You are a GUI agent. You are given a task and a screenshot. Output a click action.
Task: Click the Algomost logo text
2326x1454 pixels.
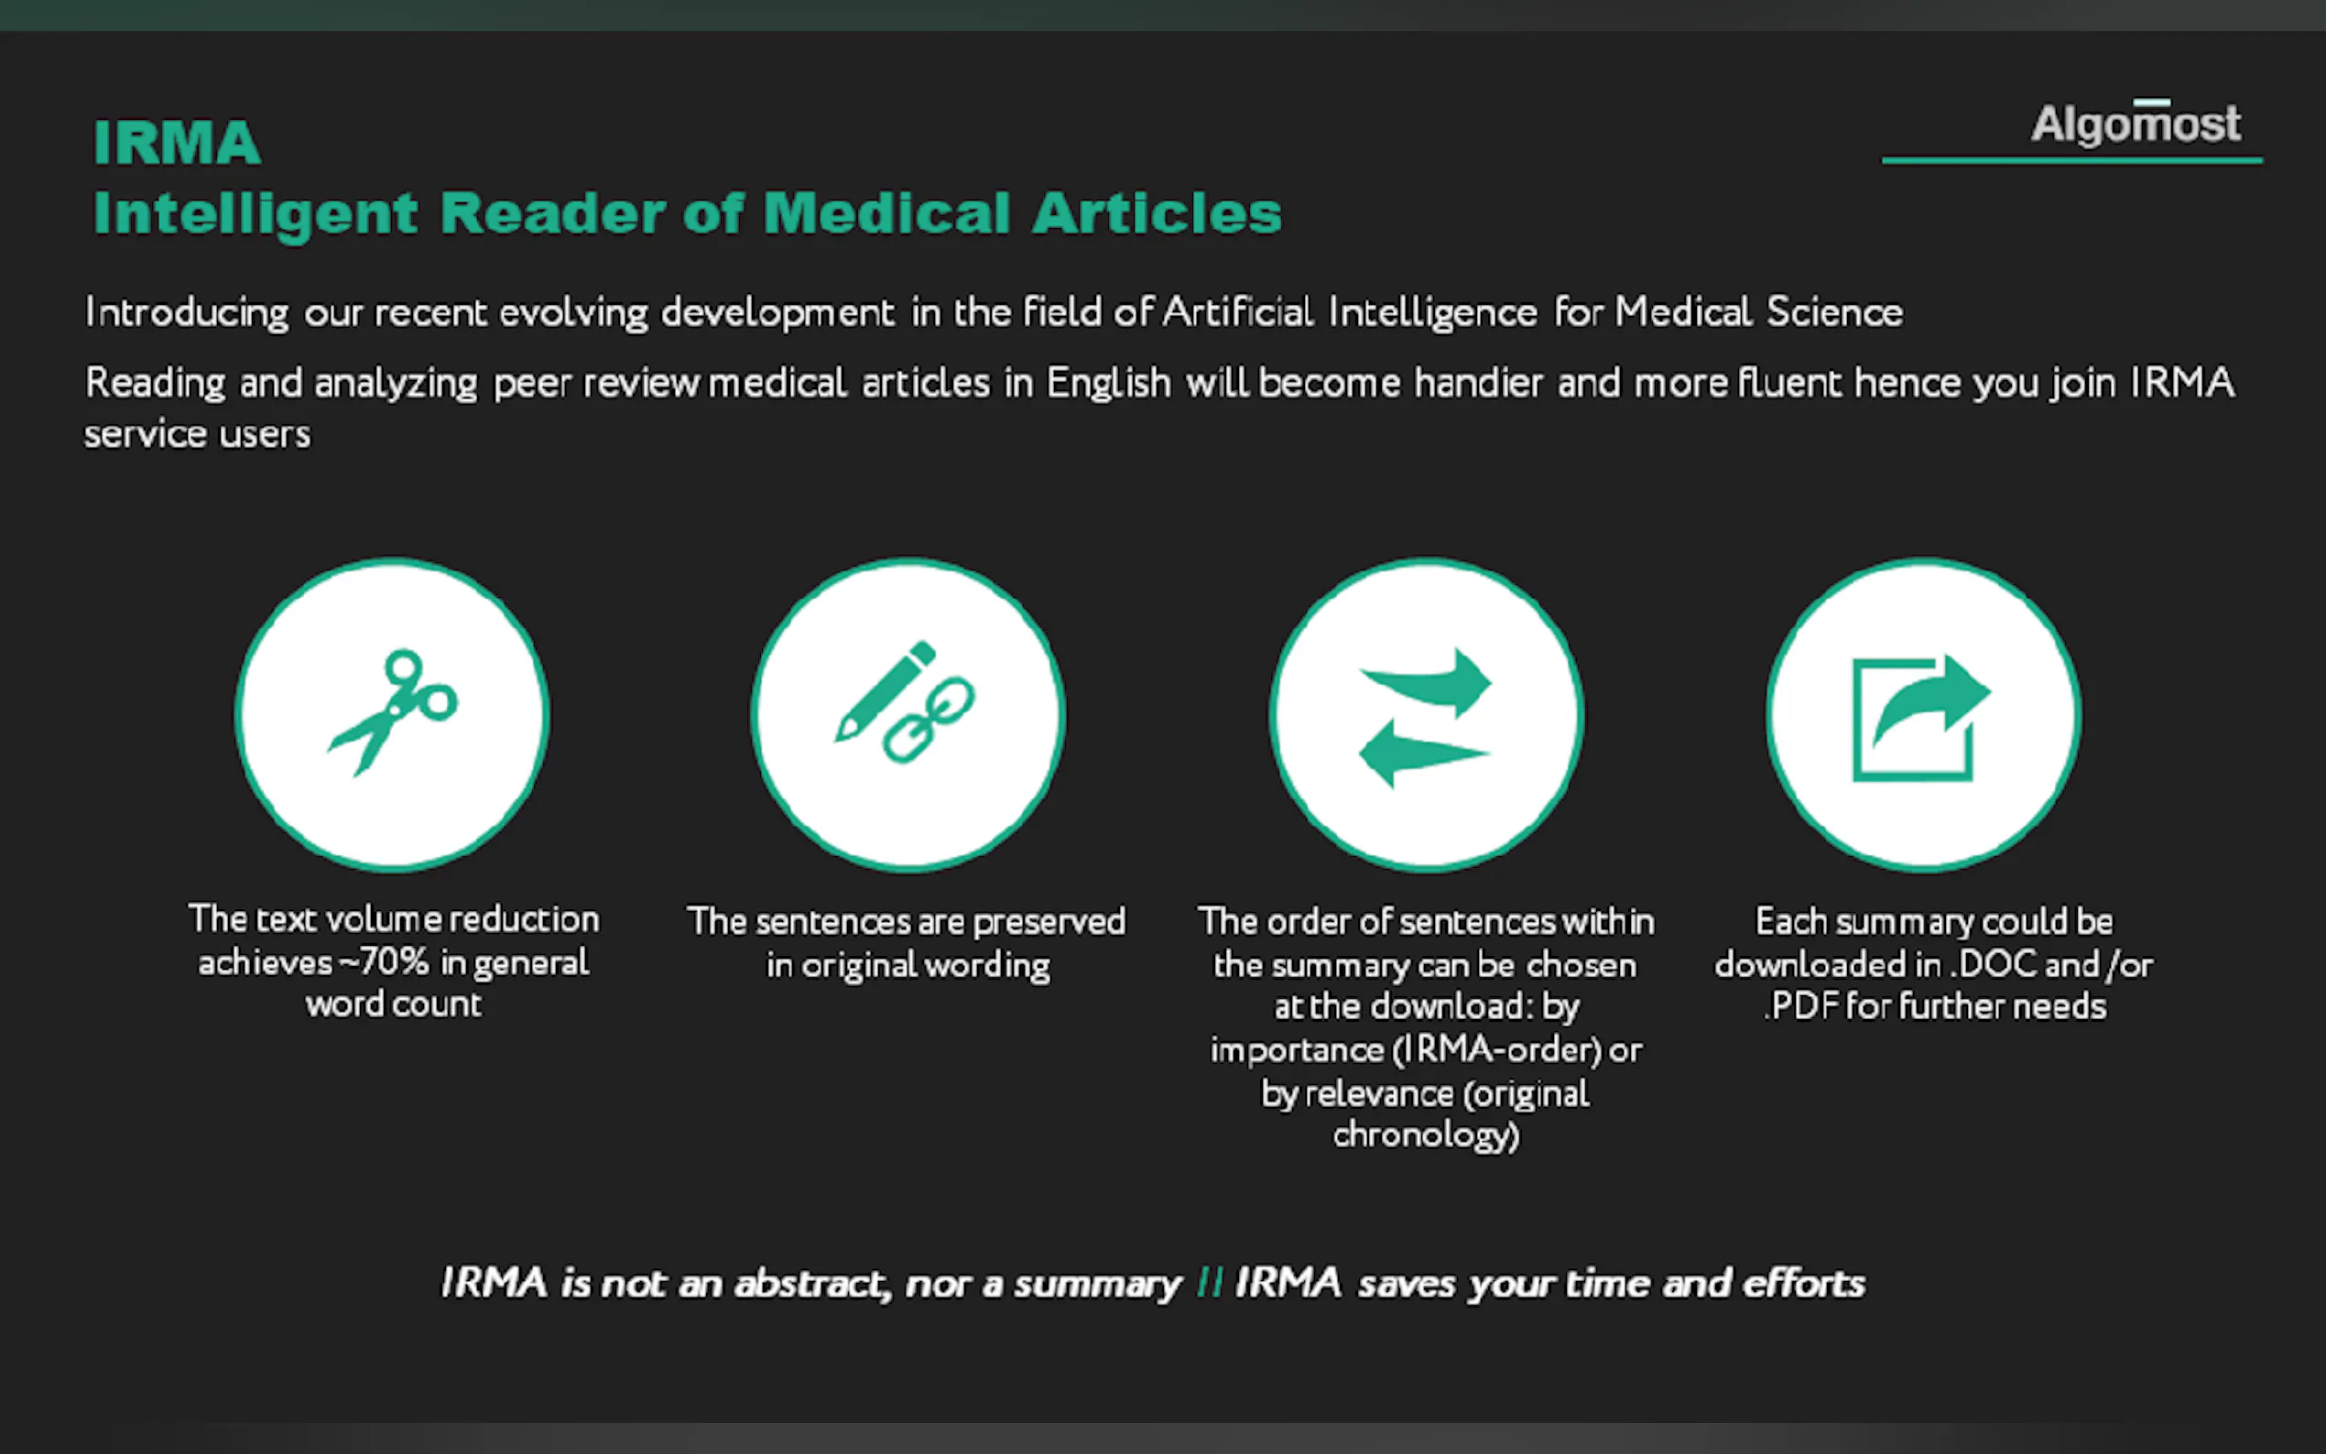point(2136,124)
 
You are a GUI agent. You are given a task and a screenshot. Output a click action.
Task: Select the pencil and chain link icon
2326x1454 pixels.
point(905,702)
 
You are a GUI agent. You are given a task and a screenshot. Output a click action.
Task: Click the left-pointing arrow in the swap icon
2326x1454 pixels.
point(1423,754)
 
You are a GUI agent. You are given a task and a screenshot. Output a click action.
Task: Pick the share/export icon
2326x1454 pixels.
point(1921,716)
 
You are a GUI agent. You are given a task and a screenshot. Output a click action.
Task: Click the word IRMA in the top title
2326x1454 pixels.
point(177,143)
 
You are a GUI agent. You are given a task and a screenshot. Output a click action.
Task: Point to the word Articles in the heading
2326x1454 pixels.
point(1157,212)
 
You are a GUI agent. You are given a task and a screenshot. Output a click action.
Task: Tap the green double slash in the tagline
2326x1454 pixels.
point(1210,1282)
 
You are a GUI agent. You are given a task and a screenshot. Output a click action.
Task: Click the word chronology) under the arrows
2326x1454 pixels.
point(1426,1135)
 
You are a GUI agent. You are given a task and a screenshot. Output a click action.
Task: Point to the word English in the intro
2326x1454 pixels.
point(1109,383)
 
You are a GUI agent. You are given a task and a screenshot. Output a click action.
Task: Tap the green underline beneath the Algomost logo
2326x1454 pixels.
point(2072,159)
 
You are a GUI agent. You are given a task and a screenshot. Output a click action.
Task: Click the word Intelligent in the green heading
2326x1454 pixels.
point(255,213)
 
